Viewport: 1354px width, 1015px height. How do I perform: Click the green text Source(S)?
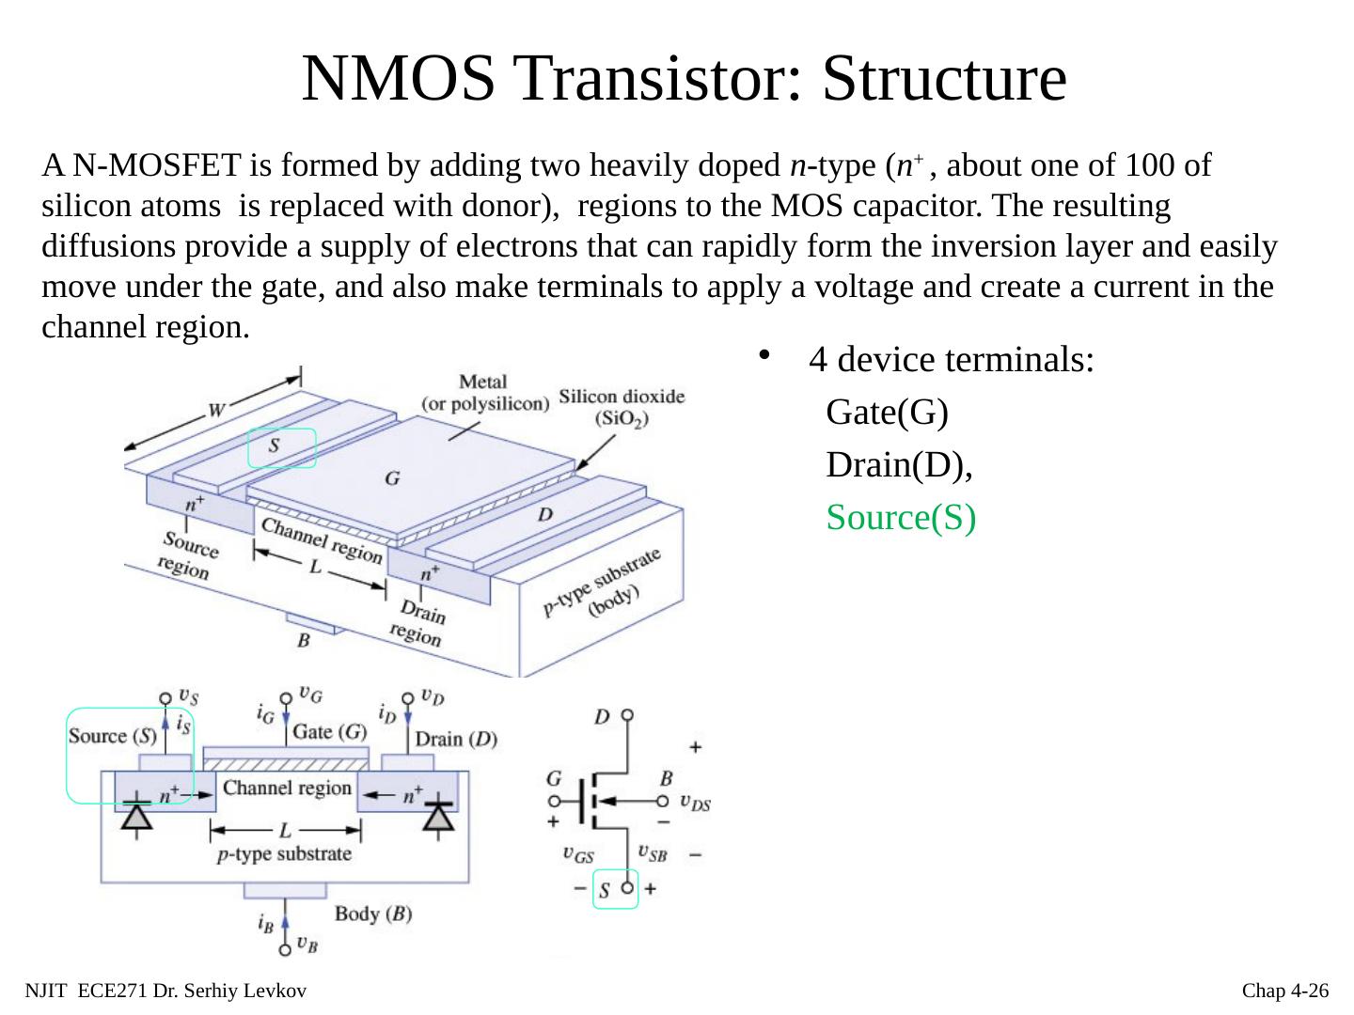[901, 518]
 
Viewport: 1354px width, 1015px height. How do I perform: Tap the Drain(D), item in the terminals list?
[898, 465]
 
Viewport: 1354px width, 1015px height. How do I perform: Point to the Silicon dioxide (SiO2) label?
[622, 407]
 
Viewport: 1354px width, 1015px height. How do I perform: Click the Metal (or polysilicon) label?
[484, 393]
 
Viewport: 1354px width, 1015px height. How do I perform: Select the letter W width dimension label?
[215, 410]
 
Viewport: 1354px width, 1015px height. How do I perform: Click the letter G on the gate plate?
[392, 478]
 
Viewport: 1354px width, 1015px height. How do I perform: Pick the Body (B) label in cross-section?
[372, 913]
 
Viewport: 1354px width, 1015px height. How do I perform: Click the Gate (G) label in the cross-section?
[329, 731]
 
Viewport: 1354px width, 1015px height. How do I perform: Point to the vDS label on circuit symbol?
[695, 804]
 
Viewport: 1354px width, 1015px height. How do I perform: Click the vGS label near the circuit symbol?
[578, 854]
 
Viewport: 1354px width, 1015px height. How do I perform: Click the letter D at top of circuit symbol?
[602, 717]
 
